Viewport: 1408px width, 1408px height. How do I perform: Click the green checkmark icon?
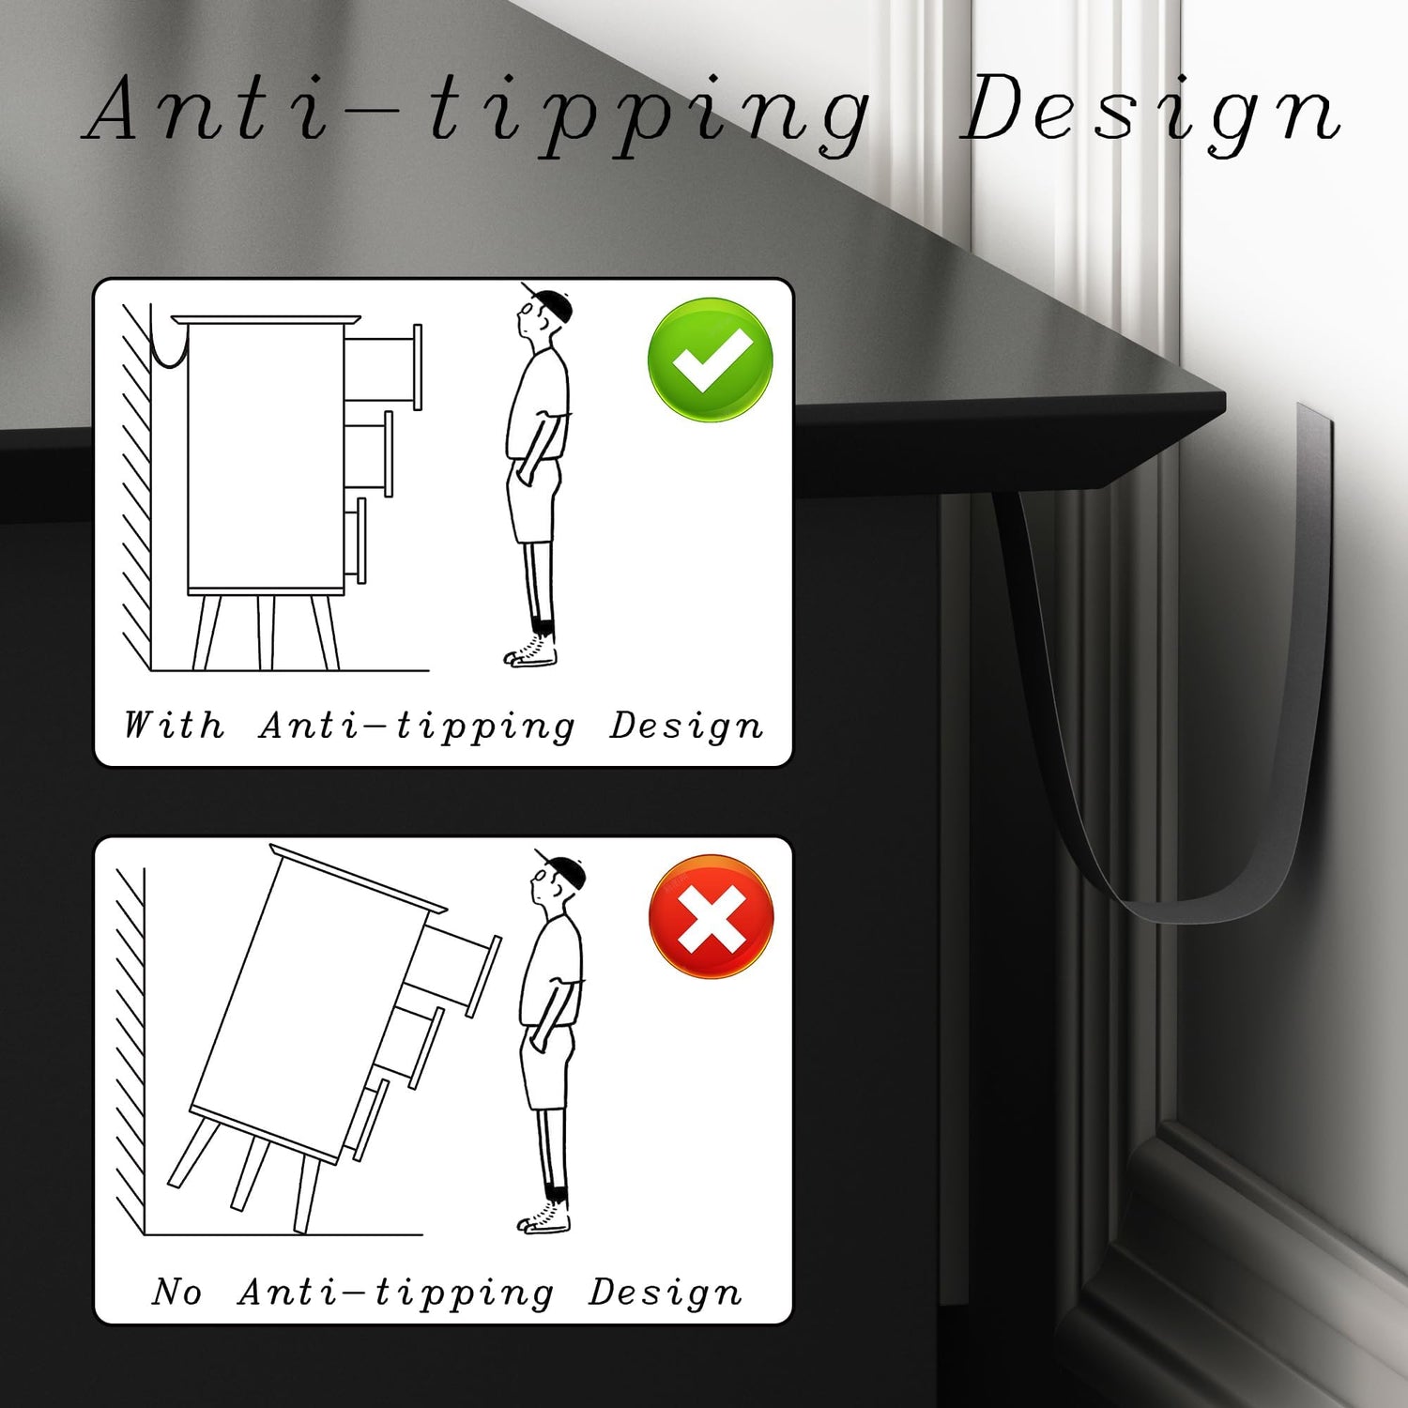coord(711,360)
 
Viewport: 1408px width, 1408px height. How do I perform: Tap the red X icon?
coord(712,916)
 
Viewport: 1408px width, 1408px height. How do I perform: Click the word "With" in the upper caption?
coord(175,725)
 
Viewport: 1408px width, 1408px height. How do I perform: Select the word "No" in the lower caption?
coord(177,1292)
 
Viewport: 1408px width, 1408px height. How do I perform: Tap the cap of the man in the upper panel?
coord(546,299)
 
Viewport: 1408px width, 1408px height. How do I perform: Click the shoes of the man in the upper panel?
coord(531,650)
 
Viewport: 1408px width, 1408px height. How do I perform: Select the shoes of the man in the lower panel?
coord(544,1217)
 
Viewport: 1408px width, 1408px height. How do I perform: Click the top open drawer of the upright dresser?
coord(384,367)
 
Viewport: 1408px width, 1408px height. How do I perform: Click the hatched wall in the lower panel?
coord(130,1051)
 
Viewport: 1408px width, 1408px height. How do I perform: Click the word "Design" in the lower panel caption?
coord(666,1293)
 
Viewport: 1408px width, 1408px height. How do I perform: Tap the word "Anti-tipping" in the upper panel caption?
coord(417,726)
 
